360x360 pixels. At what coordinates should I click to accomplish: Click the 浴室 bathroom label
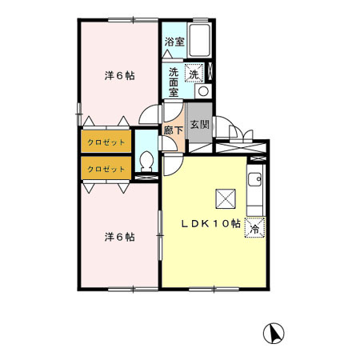click(x=174, y=42)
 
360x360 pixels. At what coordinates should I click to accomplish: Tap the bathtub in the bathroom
click(x=199, y=40)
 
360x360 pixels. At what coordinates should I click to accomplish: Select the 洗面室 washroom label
click(x=174, y=82)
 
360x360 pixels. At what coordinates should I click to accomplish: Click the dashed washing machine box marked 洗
click(x=194, y=73)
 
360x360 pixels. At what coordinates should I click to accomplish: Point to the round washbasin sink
click(x=203, y=91)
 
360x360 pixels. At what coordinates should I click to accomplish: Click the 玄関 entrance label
click(x=200, y=124)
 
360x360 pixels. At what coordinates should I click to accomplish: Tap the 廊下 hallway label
click(x=174, y=130)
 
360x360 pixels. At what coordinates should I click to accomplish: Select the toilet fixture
click(x=146, y=162)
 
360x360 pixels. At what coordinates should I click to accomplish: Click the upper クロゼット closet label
click(x=106, y=142)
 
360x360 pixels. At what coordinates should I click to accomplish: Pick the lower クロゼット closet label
click(x=106, y=169)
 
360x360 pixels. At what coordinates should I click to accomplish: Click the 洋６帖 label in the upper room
click(x=119, y=76)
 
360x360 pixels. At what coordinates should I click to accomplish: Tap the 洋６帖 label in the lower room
click(x=119, y=237)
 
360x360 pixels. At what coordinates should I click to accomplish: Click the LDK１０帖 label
click(x=211, y=223)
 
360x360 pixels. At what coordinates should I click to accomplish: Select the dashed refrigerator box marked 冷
click(x=255, y=227)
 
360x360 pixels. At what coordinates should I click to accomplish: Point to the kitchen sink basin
click(x=254, y=179)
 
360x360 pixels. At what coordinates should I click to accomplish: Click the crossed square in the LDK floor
click(x=226, y=198)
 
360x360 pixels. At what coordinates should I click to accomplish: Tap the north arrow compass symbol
click(x=274, y=334)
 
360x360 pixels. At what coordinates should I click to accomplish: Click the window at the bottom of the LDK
click(x=214, y=289)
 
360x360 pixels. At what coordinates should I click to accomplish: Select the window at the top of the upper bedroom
click(x=133, y=20)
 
